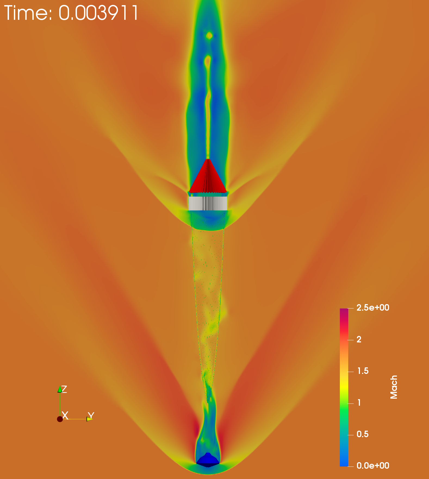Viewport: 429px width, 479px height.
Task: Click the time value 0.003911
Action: point(99,13)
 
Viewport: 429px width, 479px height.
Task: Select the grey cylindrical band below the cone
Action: point(208,203)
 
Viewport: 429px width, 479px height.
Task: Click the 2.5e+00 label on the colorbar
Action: point(373,308)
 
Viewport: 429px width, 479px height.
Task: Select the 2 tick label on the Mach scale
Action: point(359,339)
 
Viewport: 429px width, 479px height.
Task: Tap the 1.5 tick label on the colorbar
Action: point(363,371)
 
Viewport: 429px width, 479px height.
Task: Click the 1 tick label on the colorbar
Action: point(359,402)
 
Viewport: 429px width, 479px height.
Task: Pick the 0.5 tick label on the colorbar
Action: point(363,434)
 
